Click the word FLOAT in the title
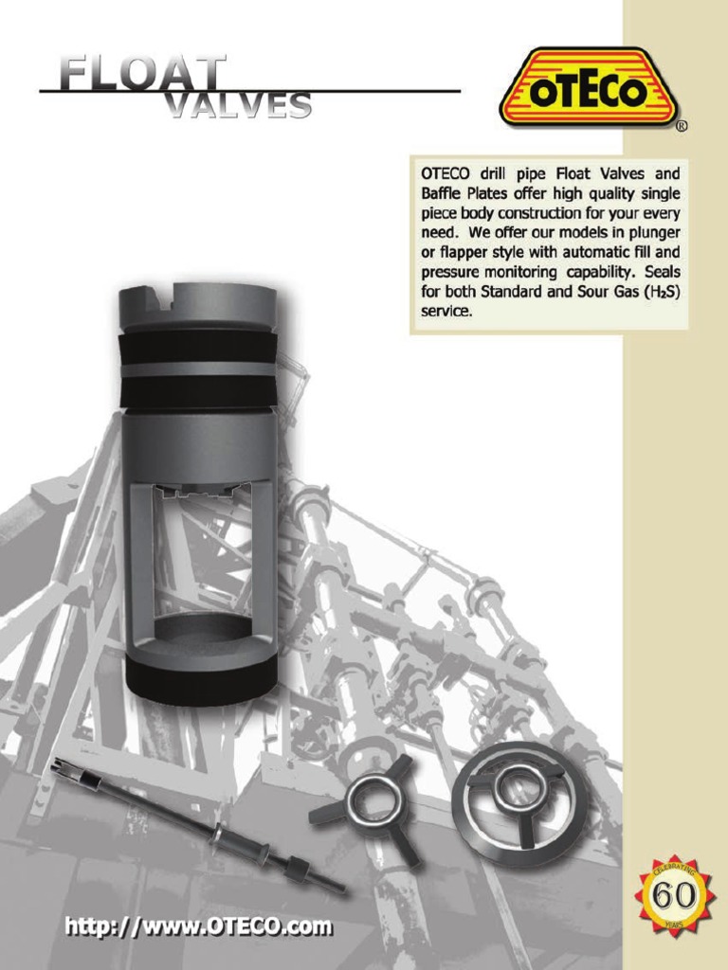click(x=142, y=74)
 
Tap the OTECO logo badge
click(x=588, y=88)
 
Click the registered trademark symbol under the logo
click(x=682, y=125)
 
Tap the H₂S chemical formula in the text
click(x=661, y=292)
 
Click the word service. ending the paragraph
click(x=446, y=311)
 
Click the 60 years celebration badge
click(x=675, y=895)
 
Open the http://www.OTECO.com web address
click(x=198, y=925)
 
